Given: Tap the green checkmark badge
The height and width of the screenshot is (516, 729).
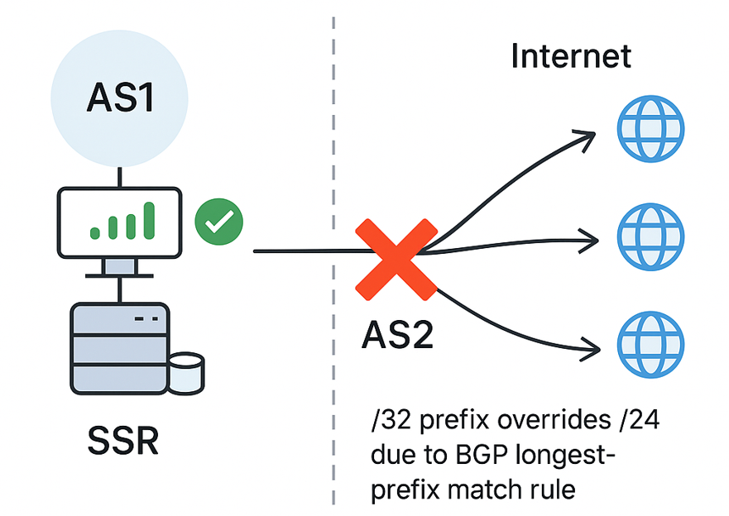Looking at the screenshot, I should [218, 222].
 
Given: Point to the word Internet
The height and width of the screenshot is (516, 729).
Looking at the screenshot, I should [571, 56].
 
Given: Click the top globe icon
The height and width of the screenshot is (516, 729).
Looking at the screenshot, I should [651, 129].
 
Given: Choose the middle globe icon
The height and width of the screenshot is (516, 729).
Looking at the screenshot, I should [651, 236].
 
